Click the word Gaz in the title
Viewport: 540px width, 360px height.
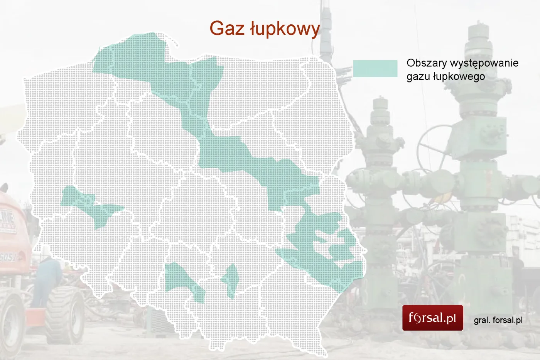coord(227,28)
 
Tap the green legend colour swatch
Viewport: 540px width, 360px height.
coord(375,69)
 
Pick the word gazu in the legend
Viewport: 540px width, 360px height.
coord(418,76)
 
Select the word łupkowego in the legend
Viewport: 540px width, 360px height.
coord(459,76)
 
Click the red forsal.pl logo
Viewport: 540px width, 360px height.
coord(432,318)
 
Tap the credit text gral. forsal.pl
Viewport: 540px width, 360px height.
coord(498,320)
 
